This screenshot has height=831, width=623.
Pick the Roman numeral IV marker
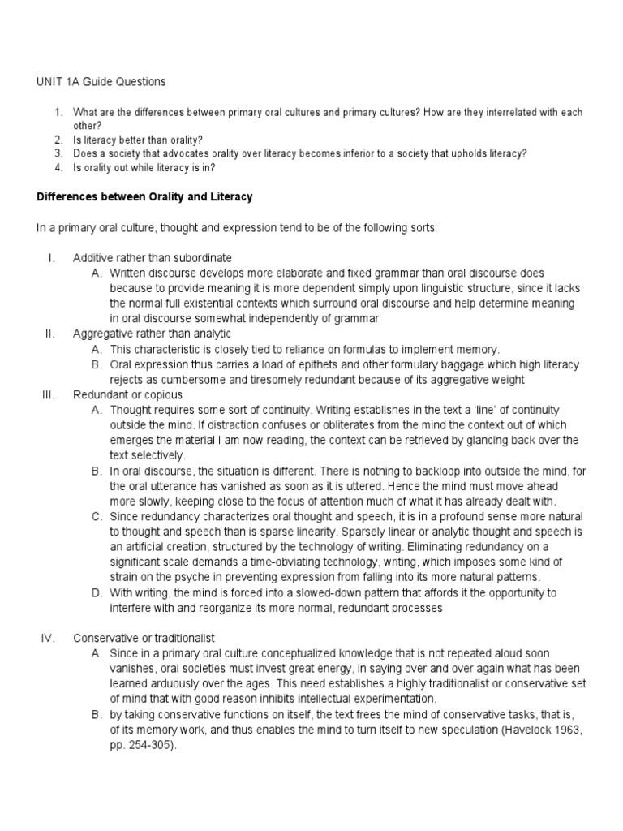47,637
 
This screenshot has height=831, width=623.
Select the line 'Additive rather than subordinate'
153,258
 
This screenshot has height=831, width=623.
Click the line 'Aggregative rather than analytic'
152,334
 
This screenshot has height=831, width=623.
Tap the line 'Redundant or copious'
123,394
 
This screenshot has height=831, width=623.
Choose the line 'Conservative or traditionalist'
144,637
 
